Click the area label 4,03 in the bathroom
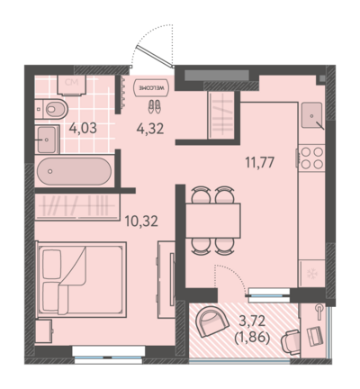point(83,128)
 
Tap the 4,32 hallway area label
point(150,129)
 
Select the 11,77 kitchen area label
point(260,163)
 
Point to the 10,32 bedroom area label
point(141,222)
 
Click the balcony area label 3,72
point(252,321)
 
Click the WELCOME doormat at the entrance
point(151,87)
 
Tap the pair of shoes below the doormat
point(155,106)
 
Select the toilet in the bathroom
point(51,109)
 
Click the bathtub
point(75,171)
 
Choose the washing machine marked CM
point(72,85)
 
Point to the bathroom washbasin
point(47,140)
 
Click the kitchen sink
point(312,115)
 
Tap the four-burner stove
point(312,158)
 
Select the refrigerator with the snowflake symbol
point(312,274)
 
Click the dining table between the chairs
point(213,221)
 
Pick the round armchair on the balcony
point(211,321)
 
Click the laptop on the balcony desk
point(315,336)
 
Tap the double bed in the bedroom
point(81,280)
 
